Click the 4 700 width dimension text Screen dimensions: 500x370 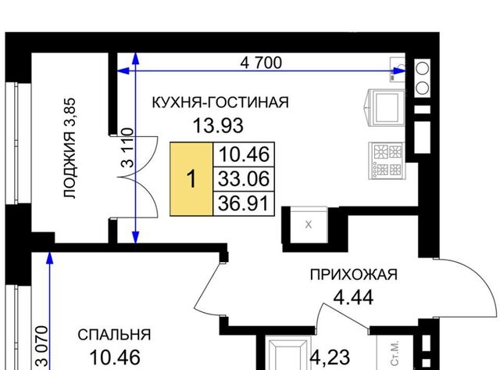pyautogui.click(x=261, y=63)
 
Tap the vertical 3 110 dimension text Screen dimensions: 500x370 pyautogui.click(x=128, y=148)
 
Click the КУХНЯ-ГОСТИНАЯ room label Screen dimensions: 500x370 pyautogui.click(x=220, y=102)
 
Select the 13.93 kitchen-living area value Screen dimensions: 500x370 pyautogui.click(x=218, y=125)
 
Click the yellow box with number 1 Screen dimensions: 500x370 pyautogui.click(x=191, y=179)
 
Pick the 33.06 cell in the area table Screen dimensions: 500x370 pyautogui.click(x=244, y=179)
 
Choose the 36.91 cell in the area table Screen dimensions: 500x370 pyautogui.click(x=244, y=203)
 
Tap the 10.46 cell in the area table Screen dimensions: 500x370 pyautogui.click(x=244, y=154)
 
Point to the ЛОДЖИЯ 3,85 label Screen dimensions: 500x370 pyautogui.click(x=70, y=149)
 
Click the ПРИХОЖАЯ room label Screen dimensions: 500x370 pyautogui.click(x=354, y=275)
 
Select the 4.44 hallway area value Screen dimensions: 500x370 pyautogui.click(x=353, y=298)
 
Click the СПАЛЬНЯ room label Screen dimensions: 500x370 pyautogui.click(x=114, y=335)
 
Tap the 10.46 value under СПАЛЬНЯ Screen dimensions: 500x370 pyautogui.click(x=115, y=357)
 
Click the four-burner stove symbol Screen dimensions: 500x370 pyautogui.click(x=387, y=160)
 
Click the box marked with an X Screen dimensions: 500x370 pyautogui.click(x=309, y=225)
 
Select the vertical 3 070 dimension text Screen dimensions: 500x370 pyautogui.click(x=42, y=346)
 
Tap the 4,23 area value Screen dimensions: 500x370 pyautogui.click(x=330, y=357)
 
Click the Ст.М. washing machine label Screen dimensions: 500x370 pyautogui.click(x=395, y=353)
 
